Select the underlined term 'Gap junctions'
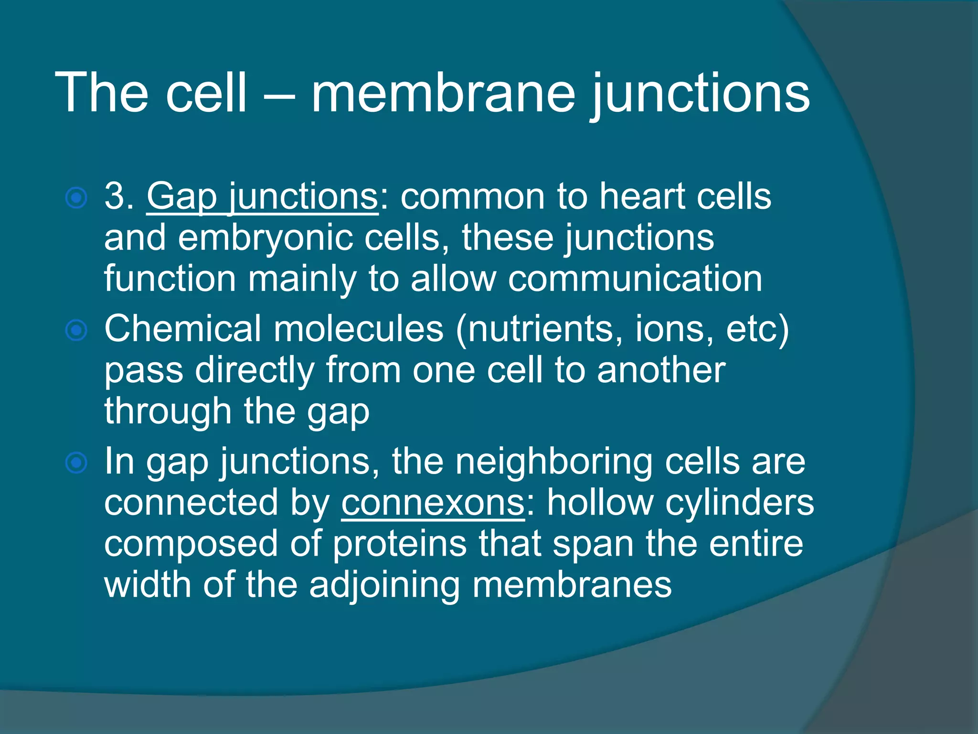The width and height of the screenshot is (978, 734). tap(262, 197)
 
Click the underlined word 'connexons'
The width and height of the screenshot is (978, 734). tap(433, 503)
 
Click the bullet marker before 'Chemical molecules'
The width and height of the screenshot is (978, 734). tap(76, 330)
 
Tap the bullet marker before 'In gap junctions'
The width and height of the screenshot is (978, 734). tap(76, 463)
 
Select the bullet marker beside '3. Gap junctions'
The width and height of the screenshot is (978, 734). tap(76, 198)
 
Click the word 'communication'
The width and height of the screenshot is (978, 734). tap(635, 279)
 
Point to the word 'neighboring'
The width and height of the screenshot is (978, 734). tap(554, 463)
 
